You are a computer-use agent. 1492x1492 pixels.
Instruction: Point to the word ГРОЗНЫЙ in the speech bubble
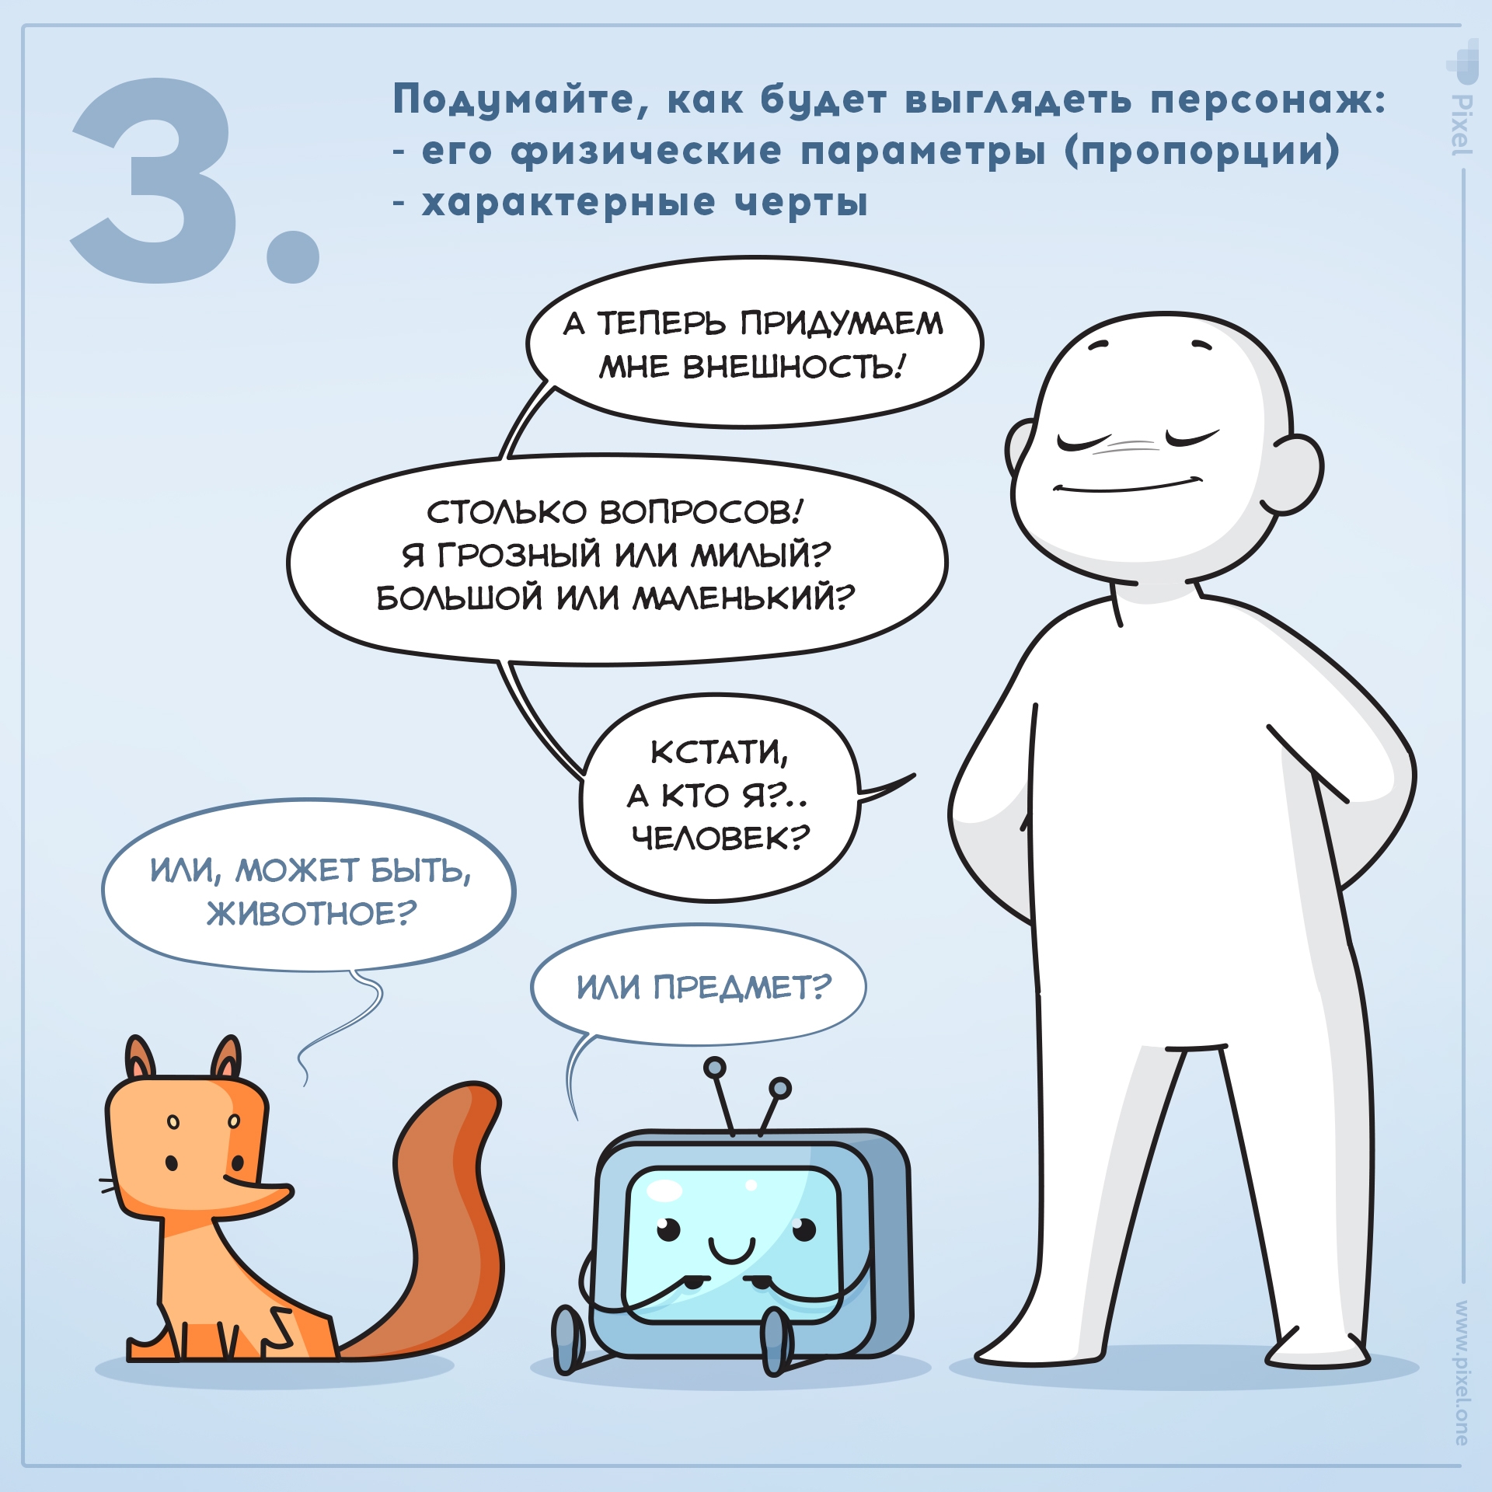coord(519,555)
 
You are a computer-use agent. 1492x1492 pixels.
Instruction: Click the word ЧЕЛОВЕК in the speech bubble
coord(720,838)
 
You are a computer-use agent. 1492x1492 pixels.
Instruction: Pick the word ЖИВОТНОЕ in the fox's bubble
coord(311,914)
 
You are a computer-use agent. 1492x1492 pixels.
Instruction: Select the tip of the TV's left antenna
coord(715,1068)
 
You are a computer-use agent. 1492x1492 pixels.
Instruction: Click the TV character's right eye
coord(804,1228)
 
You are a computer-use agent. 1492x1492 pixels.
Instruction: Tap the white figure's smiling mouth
coord(1127,486)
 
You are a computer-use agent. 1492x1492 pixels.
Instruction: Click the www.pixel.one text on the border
coord(1462,1372)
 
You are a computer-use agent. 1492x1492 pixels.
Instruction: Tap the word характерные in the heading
coord(567,204)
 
